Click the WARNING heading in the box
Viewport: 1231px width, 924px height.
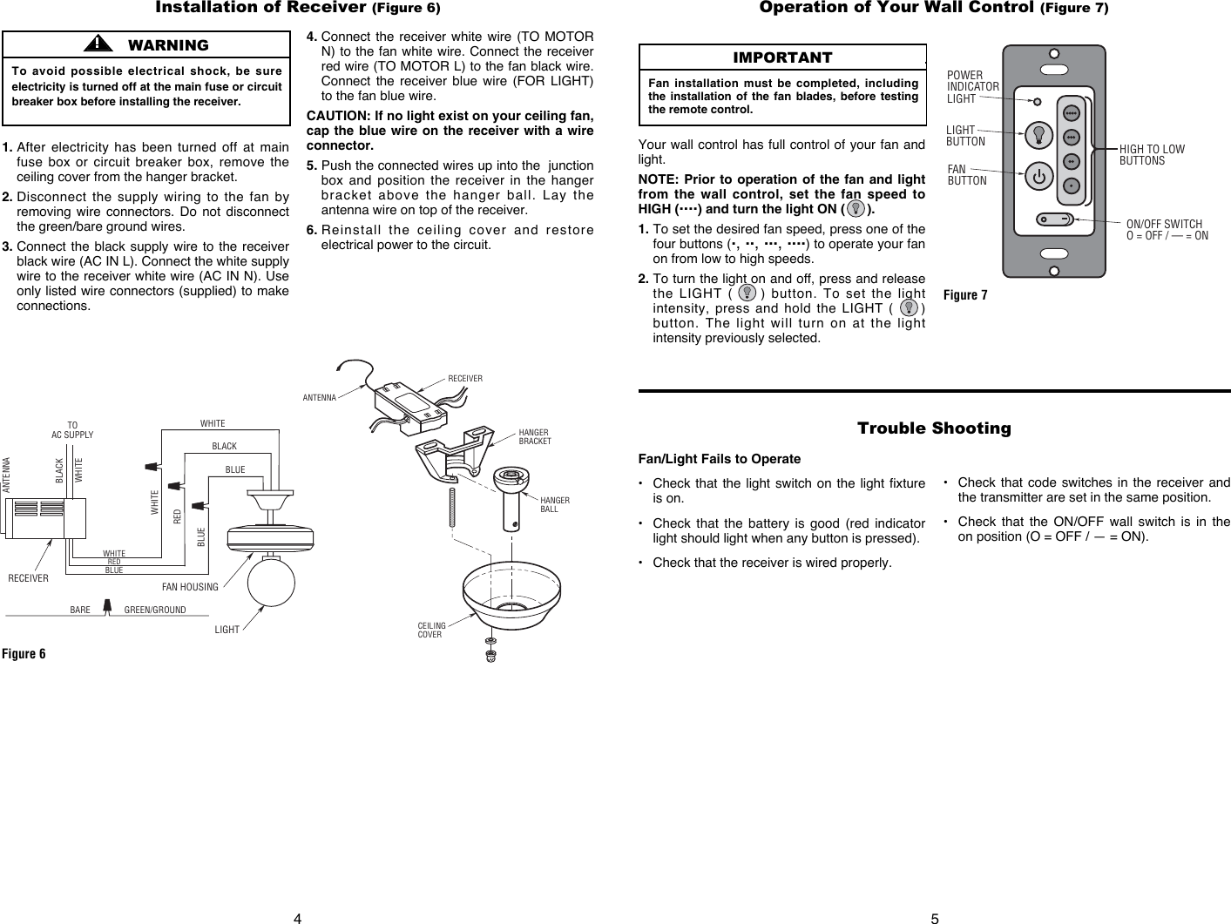(x=167, y=45)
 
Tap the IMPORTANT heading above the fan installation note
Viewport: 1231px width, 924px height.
(x=781, y=57)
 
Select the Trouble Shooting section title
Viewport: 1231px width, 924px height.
(x=933, y=428)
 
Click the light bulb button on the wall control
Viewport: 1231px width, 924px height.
(x=1038, y=134)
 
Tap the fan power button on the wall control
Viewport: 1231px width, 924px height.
(x=1038, y=177)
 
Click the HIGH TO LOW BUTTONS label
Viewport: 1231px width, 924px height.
(x=1152, y=155)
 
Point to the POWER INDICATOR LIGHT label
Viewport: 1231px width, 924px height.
(x=972, y=87)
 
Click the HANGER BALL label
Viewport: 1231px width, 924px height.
(x=555, y=504)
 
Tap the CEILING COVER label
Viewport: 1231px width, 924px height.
(x=431, y=630)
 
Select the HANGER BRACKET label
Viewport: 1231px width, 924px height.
(x=534, y=436)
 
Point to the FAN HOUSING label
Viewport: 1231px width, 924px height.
(x=190, y=587)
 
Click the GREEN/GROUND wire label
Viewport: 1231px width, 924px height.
(x=155, y=610)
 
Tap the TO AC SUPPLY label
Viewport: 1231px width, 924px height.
(x=72, y=430)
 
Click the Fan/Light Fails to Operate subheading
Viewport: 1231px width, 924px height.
(x=719, y=459)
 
